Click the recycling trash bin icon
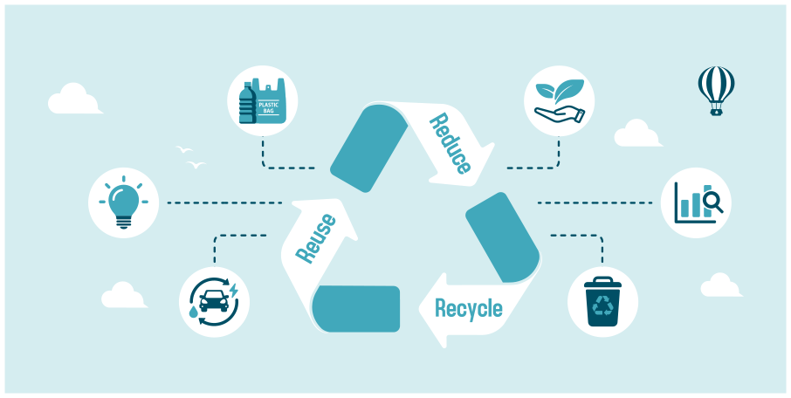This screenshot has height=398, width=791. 603,301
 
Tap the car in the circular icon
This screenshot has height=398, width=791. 213,301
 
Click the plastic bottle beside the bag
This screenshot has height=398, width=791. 246,105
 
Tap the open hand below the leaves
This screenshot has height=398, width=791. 559,114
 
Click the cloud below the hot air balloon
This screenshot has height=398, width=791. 637,134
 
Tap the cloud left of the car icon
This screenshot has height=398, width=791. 123,297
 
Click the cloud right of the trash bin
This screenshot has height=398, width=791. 721,286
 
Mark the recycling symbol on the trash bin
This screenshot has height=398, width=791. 603,305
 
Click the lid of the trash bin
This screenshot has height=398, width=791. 603,282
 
